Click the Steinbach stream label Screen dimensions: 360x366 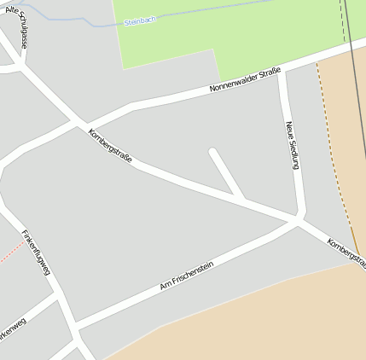140,20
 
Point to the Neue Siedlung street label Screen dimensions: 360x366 293,144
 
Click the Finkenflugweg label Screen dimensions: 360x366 37,252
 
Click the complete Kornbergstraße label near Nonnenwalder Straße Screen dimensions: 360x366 110,147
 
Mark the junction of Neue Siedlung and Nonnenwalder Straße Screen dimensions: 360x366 282,71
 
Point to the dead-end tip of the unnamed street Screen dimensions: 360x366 212,153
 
